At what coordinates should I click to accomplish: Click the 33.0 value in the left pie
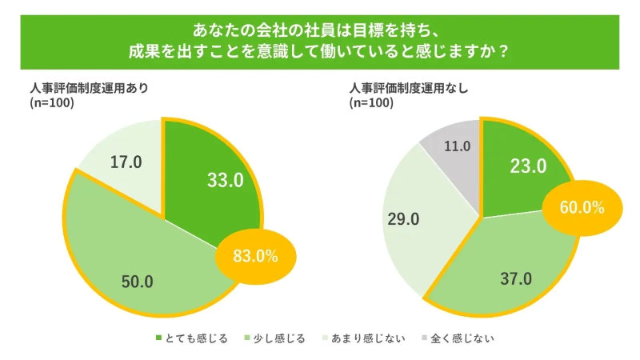(x=225, y=180)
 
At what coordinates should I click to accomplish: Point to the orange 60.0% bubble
(x=581, y=207)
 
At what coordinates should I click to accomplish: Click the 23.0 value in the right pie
(x=528, y=166)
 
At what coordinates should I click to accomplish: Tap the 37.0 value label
(x=515, y=279)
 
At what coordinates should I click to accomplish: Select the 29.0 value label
(x=403, y=219)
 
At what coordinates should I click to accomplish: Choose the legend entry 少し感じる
(x=279, y=338)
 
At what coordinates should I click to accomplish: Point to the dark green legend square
(x=158, y=338)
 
